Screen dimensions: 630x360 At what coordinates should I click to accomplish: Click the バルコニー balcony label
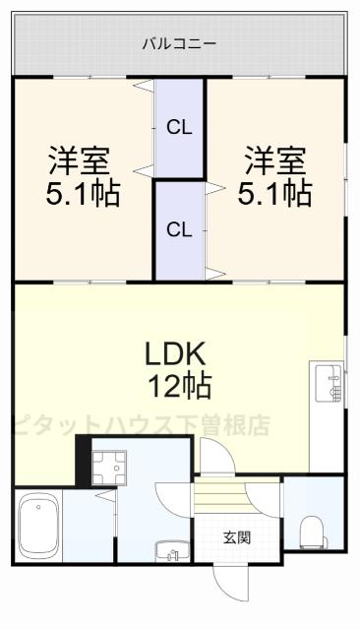pos(179,43)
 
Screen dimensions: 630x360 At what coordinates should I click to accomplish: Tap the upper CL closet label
pos(178,126)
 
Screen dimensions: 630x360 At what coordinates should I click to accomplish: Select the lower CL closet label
pos(178,230)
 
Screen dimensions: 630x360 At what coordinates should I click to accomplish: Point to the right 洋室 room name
pos(274,157)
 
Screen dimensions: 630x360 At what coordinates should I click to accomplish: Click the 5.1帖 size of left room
pos(82,192)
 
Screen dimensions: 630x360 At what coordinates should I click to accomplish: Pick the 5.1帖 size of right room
pos(275,192)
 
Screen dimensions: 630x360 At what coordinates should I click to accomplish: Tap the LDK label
pos(179,352)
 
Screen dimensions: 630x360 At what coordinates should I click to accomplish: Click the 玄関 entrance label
pos(236,537)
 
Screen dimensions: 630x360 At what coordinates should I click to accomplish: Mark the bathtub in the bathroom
pos(39,525)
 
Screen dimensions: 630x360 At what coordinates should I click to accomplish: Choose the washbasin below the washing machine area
pos(169,549)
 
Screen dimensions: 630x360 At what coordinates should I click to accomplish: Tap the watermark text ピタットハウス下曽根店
pos(138,425)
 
